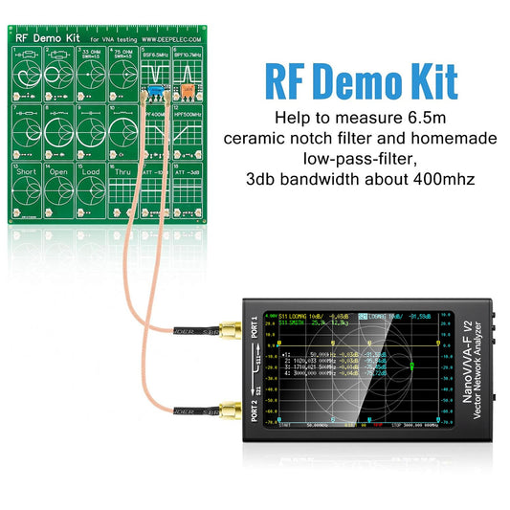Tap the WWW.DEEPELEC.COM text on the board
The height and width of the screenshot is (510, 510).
(x=169, y=40)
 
